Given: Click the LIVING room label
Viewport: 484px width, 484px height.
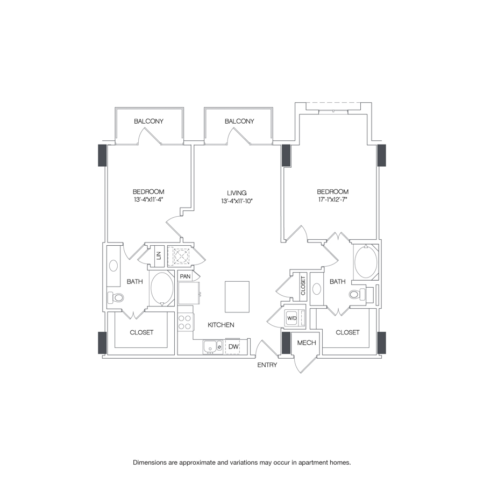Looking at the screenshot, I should click(x=237, y=193).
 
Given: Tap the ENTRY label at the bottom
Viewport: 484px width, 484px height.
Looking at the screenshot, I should click(x=267, y=365).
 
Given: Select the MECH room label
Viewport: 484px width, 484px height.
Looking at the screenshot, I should click(x=306, y=343).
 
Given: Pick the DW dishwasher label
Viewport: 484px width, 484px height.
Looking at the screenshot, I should click(x=233, y=347).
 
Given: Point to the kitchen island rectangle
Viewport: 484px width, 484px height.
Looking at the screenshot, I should click(x=237, y=296).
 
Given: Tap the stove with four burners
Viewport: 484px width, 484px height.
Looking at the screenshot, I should click(x=185, y=322).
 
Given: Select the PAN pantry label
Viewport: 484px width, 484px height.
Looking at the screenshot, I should click(x=186, y=276).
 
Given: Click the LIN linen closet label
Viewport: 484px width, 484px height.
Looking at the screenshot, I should click(x=159, y=256).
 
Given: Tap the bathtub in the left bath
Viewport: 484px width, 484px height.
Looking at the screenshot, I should click(x=162, y=288).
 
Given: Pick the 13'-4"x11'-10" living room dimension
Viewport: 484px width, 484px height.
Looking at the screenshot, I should click(x=237, y=201).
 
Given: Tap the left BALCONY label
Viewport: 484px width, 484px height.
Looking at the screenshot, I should click(x=148, y=122).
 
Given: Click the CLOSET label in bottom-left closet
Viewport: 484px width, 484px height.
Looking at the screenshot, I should click(x=141, y=332).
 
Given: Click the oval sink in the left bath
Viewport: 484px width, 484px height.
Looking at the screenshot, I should click(x=113, y=266).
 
